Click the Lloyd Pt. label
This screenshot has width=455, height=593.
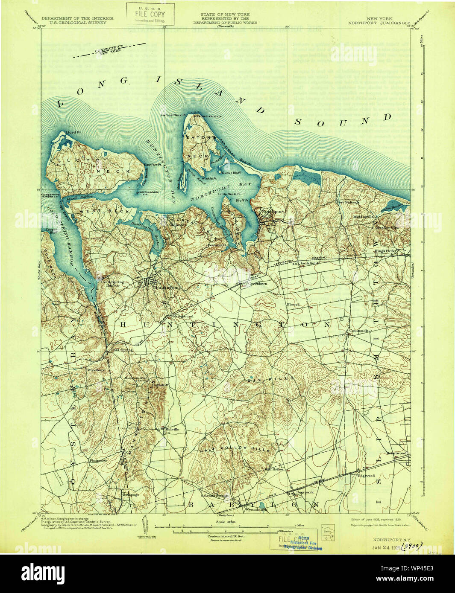(73, 133)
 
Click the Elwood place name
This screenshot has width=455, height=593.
(293, 304)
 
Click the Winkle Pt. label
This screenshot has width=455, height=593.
(210, 178)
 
